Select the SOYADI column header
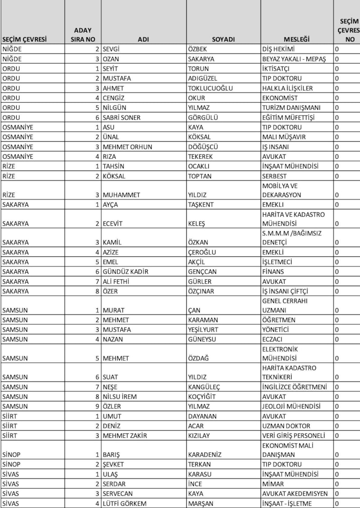tap(224, 39)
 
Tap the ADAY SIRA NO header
tap(83, 35)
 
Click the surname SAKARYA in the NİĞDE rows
tap(201, 59)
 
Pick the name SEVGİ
tap(112, 49)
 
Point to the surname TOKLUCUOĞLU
tap(211, 88)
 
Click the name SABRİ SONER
tap(121, 117)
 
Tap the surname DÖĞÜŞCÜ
tap(203, 147)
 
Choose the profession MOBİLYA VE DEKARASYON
tap(282, 190)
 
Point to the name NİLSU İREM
tap(119, 396)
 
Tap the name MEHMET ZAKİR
tap(125, 435)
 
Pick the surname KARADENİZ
tap(205, 454)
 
